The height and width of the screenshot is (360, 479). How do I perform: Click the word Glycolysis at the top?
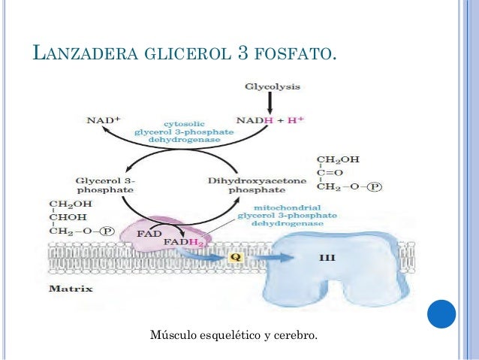(272, 87)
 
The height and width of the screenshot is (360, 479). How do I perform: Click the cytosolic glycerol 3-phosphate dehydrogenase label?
(177, 129)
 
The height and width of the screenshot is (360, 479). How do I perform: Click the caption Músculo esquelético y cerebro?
(234, 333)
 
